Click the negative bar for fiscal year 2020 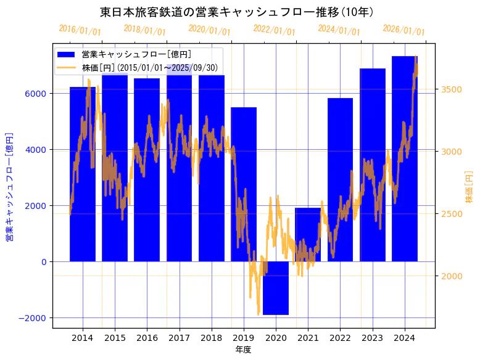[x=276, y=288]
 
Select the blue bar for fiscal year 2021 [x=308, y=235]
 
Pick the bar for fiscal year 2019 [x=244, y=184]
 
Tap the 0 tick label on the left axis [x=45, y=262]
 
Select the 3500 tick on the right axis [x=452, y=90]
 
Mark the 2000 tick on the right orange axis [x=452, y=276]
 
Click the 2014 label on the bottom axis [x=83, y=338]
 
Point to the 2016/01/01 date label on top [x=80, y=30]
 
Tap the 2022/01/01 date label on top [x=275, y=30]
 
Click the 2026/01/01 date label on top [x=404, y=30]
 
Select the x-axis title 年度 [x=243, y=350]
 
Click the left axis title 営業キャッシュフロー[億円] [x=9, y=186]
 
